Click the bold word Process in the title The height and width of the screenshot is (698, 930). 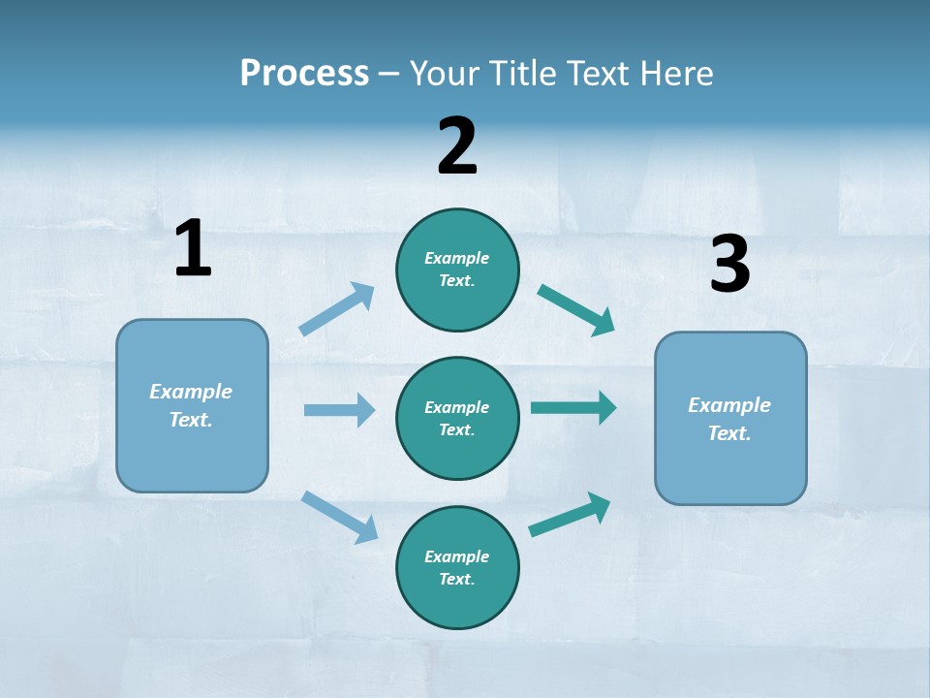(x=304, y=74)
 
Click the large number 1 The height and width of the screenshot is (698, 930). (x=193, y=249)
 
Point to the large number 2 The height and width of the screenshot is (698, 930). (x=457, y=146)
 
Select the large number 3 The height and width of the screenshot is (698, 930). (x=729, y=265)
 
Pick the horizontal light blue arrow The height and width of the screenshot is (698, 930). (x=339, y=410)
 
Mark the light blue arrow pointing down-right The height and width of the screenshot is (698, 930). (x=339, y=517)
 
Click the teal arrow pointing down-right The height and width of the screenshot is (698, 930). (x=576, y=310)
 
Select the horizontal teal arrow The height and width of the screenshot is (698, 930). (x=573, y=408)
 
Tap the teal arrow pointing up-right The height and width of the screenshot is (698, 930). (x=571, y=515)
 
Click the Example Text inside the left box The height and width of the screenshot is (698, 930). (x=191, y=405)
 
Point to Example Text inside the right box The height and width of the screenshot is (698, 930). (x=729, y=419)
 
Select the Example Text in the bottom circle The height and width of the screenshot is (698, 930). (x=457, y=567)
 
